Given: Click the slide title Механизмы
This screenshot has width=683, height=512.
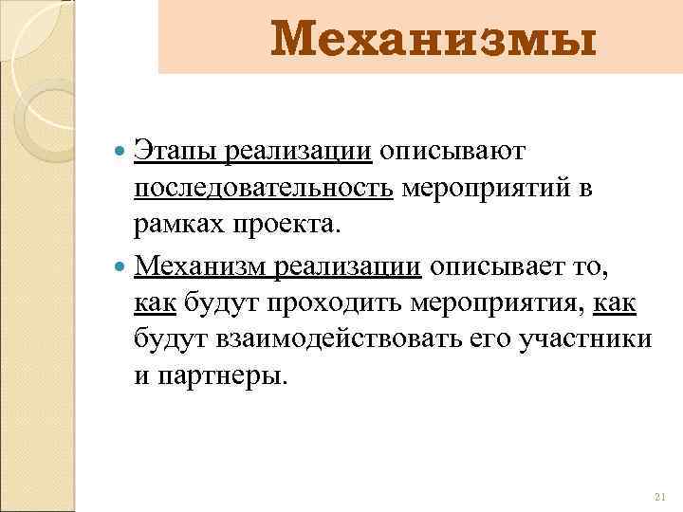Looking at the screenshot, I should pyautogui.click(x=434, y=41).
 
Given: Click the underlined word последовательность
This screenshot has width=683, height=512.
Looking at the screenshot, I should pyautogui.click(x=263, y=189).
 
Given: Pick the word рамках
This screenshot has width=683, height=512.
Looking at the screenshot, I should pyautogui.click(x=176, y=226).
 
